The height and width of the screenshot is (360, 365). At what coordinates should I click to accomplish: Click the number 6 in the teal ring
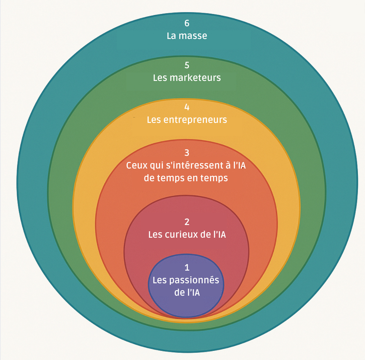187,23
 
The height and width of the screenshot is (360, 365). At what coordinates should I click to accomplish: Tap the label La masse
187,36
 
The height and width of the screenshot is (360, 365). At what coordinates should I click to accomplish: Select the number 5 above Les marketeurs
187,65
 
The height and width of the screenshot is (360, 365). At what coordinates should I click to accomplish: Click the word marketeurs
195,78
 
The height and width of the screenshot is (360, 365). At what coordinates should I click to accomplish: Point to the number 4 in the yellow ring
187,107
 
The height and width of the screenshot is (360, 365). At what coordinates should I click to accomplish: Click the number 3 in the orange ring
187,153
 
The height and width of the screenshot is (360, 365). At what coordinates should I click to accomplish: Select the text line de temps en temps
186,178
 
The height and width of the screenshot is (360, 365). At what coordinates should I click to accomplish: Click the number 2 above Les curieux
187,222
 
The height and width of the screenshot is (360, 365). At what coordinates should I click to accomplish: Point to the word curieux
180,235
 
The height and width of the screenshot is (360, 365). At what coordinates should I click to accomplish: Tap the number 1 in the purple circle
187,267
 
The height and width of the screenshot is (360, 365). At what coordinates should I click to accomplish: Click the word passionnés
194,280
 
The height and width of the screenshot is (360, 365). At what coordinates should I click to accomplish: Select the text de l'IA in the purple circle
187,293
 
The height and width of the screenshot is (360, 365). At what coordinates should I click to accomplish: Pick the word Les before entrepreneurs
153,120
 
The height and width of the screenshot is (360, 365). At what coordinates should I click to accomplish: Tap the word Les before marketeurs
160,78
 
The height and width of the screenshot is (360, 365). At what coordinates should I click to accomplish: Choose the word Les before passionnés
160,280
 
